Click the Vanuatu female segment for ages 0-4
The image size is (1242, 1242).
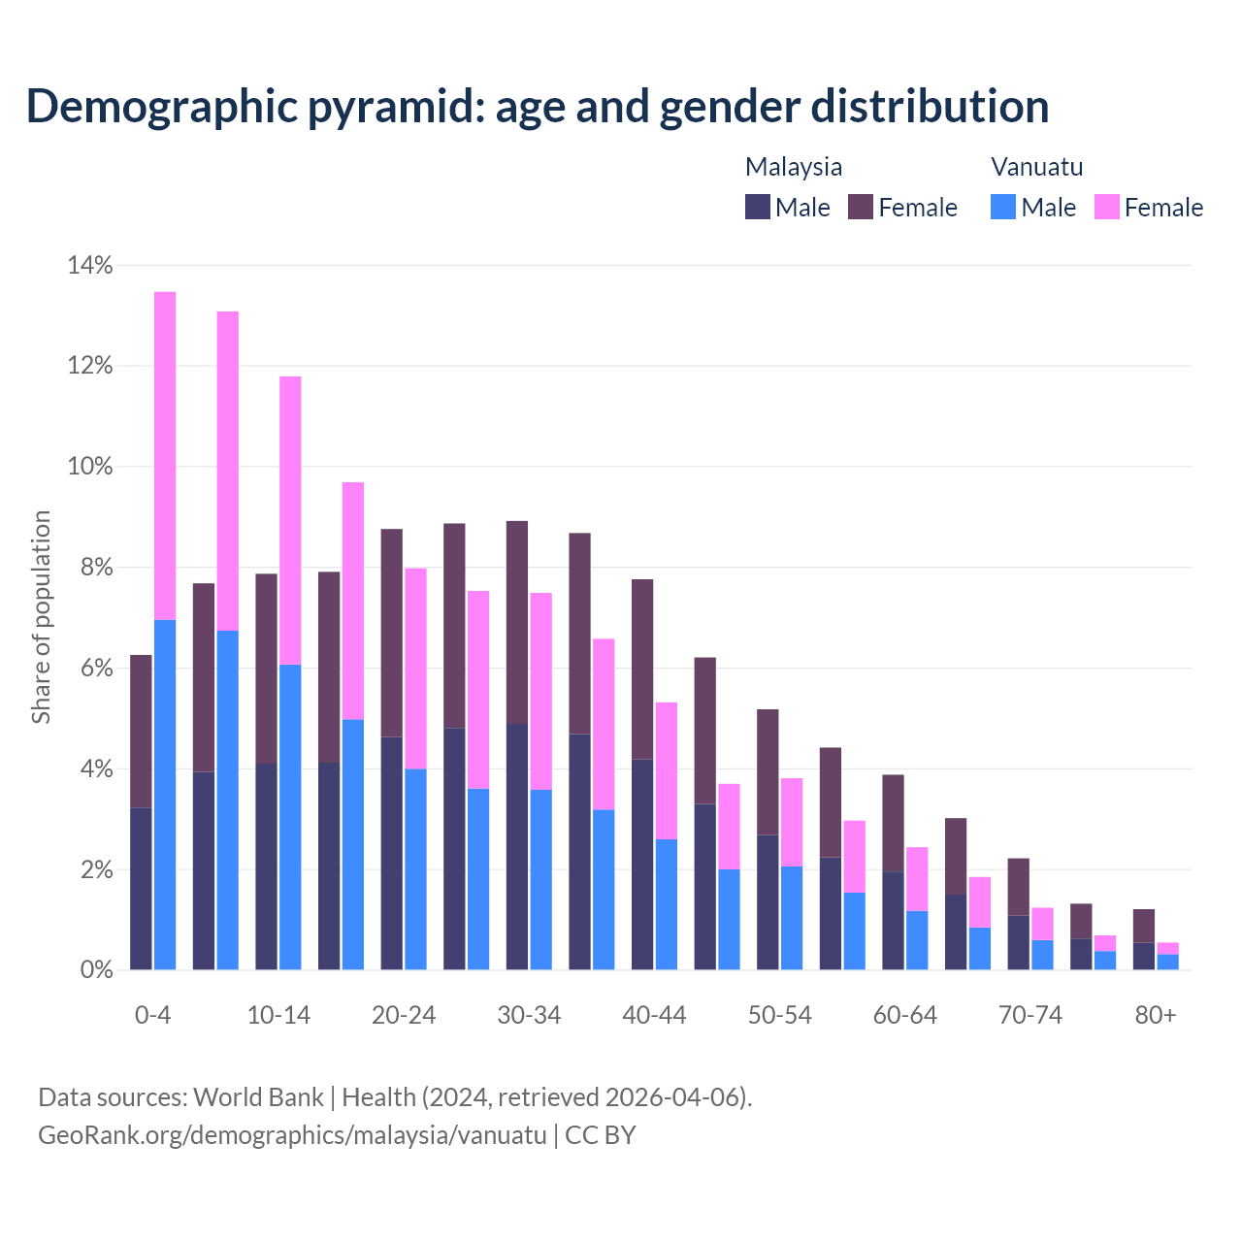click(165, 455)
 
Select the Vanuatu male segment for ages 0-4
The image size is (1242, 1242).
click(165, 795)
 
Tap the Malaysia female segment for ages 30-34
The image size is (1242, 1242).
click(517, 622)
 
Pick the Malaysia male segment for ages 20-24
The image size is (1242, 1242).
click(392, 853)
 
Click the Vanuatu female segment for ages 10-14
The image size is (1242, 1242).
click(290, 520)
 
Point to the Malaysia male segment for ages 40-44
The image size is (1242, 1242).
click(642, 864)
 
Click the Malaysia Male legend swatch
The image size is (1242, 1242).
click(758, 207)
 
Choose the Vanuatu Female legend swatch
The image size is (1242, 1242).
click(1107, 207)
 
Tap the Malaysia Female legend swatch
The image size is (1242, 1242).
click(861, 207)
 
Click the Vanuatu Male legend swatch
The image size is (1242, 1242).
click(1003, 207)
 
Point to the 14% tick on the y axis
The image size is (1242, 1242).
click(90, 265)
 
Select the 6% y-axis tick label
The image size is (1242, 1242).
click(95, 669)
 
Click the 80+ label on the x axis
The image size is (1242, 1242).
click(1156, 1015)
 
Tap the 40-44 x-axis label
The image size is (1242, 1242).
click(654, 1015)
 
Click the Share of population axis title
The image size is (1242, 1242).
click(41, 617)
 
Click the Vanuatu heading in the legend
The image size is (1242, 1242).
click(1036, 166)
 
